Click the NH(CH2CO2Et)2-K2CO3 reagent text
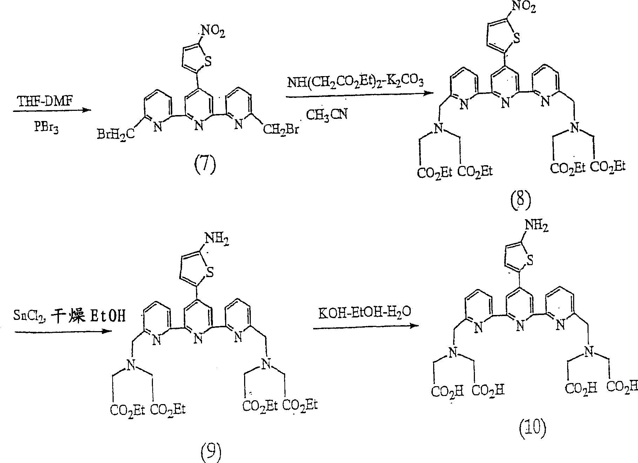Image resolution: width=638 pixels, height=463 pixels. point(356,83)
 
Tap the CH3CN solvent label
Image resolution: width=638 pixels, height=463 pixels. point(327,114)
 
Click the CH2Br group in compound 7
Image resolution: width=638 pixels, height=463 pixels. point(281,130)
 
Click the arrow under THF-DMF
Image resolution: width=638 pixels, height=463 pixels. point(52,110)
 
